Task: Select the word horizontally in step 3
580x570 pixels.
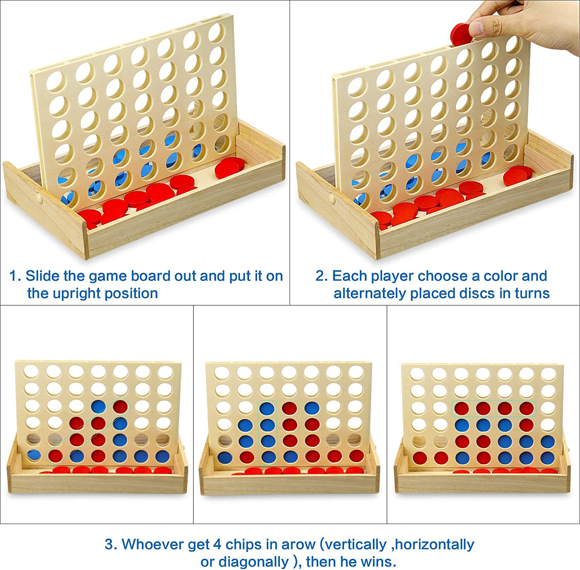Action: (435, 544)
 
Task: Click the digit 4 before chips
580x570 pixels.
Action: (217, 544)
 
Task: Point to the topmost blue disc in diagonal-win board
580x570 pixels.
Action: (98, 406)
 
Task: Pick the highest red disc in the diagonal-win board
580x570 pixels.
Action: (120, 406)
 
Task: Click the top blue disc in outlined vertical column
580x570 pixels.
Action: (267, 408)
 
